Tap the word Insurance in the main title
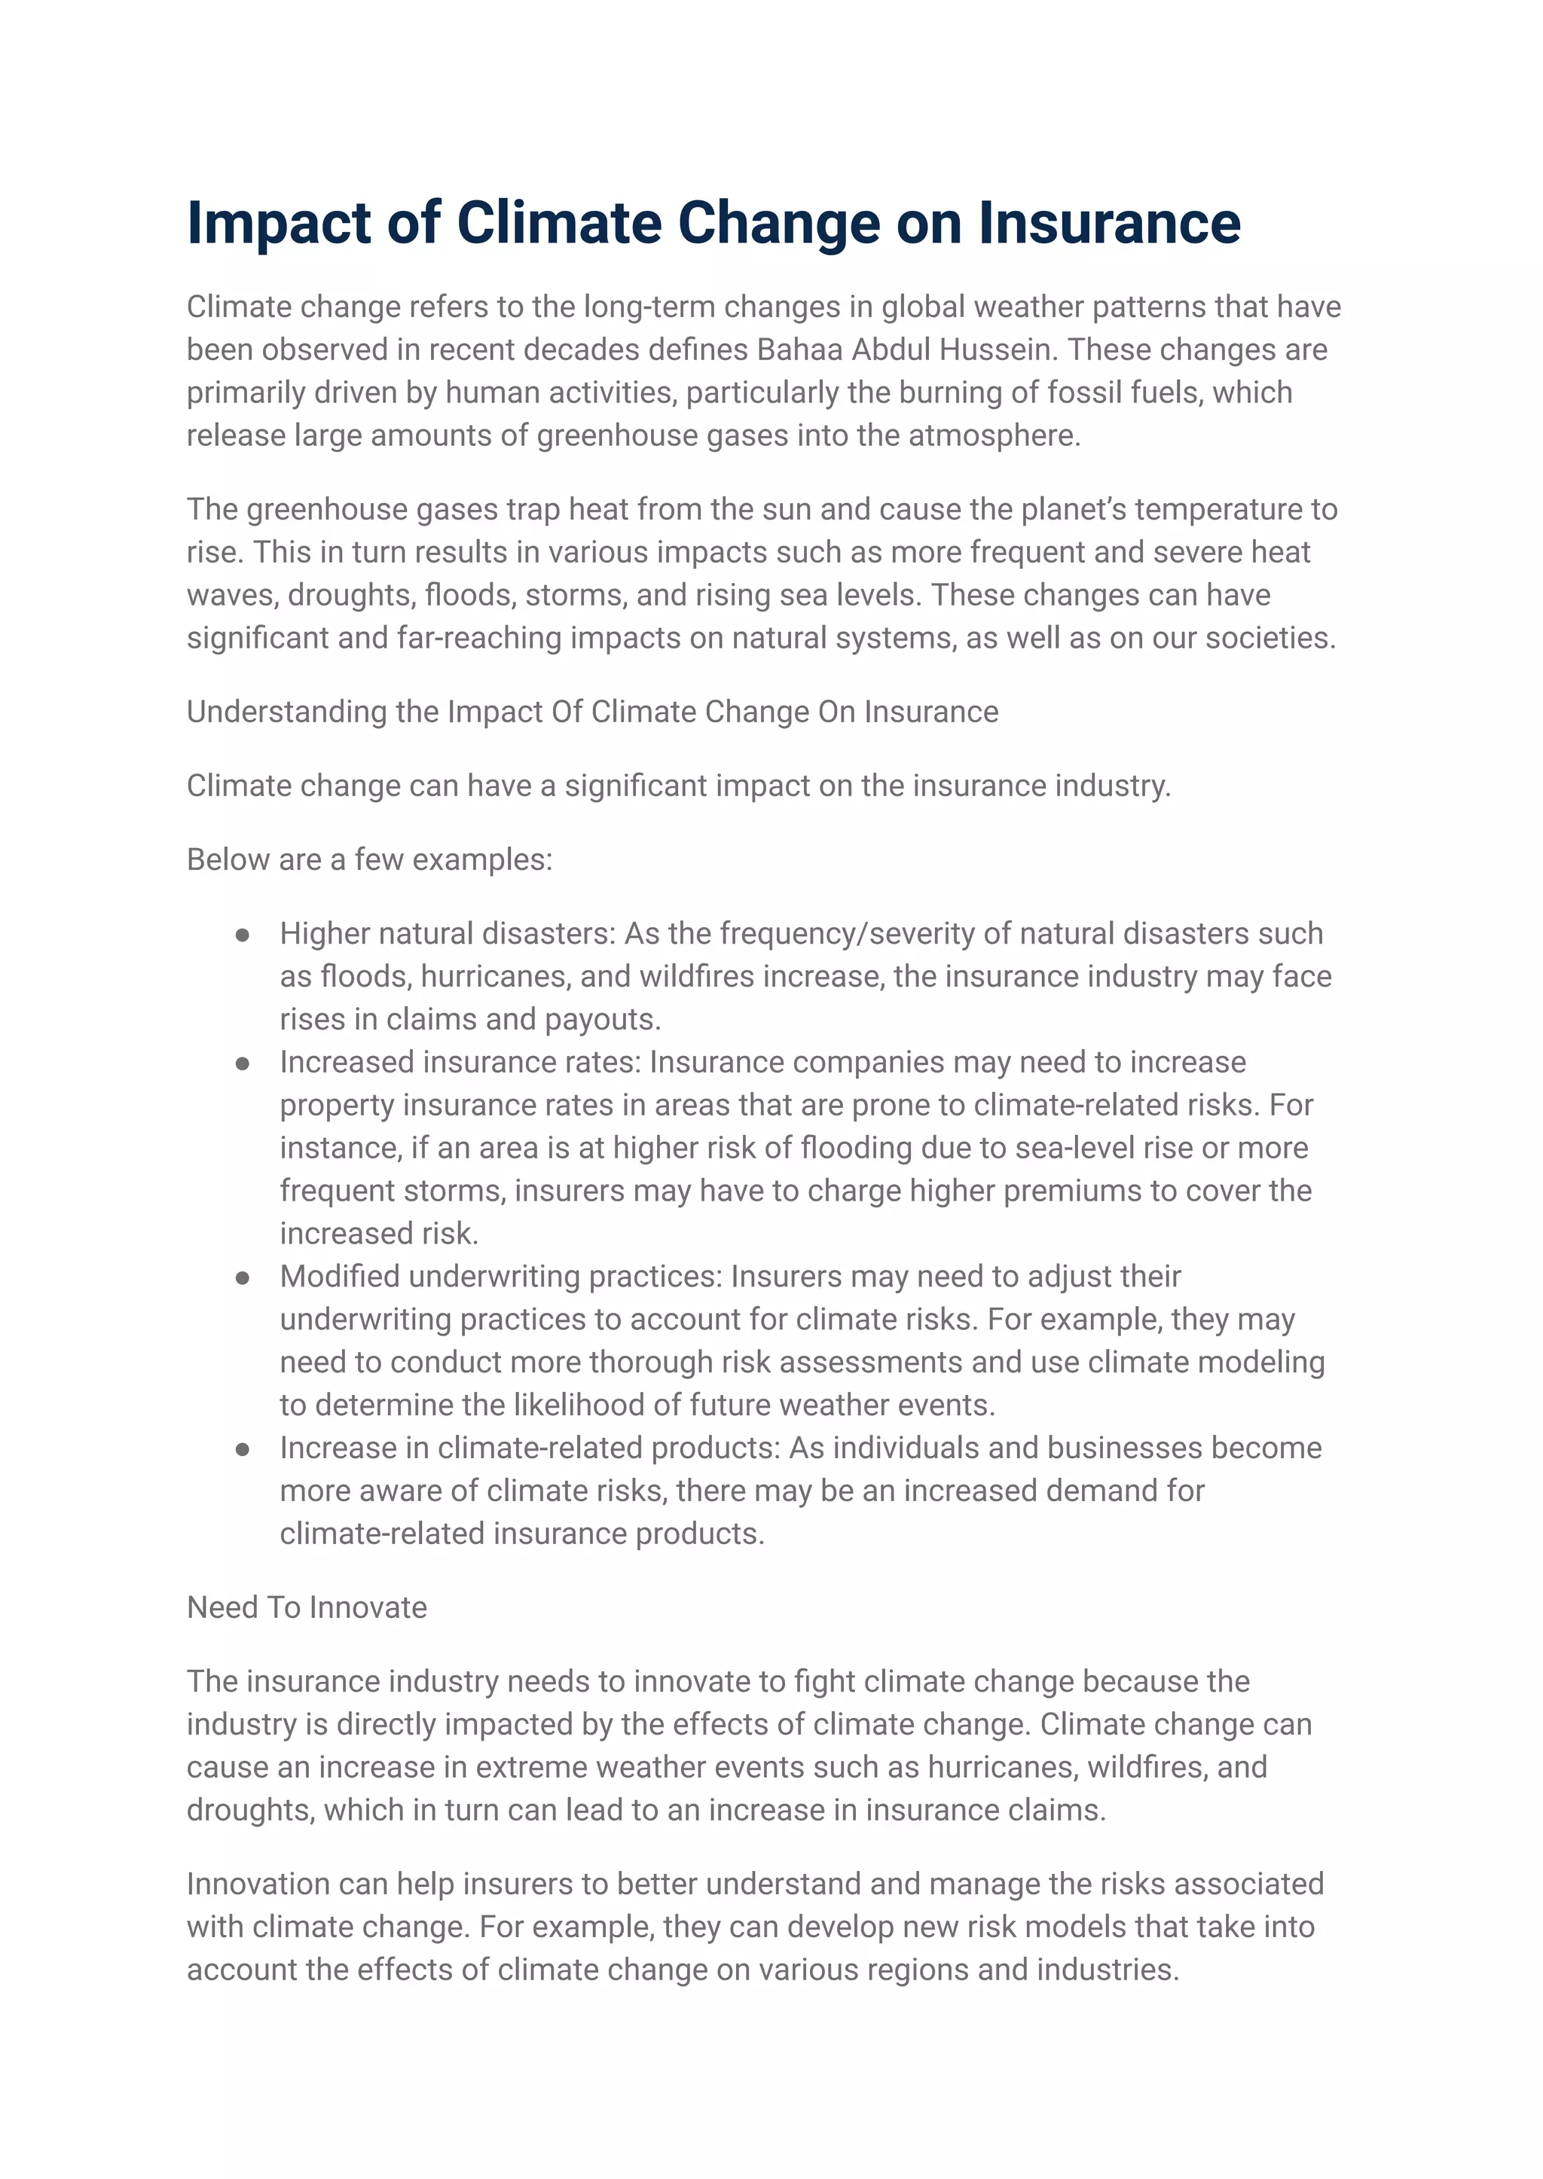1109,223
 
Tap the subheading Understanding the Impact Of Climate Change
592,712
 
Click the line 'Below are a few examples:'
368,859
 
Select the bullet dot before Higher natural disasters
243,935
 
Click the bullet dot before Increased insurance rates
243,1063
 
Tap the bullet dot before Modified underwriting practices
243,1277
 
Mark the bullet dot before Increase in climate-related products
243,1448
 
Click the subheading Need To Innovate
306,1607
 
